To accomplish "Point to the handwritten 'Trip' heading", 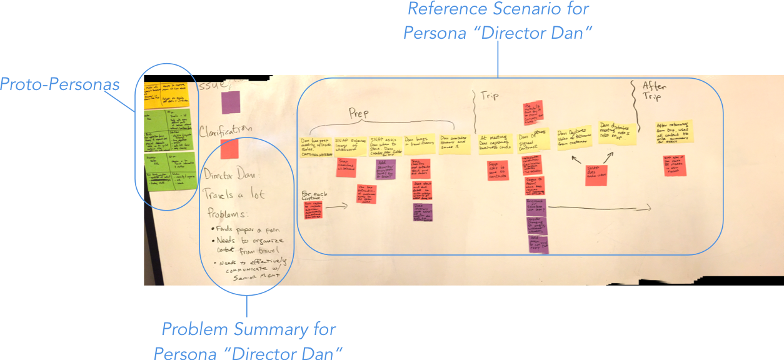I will point(489,97).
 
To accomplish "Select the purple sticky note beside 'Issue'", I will point(231,102).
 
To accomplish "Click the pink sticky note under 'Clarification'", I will point(229,149).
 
